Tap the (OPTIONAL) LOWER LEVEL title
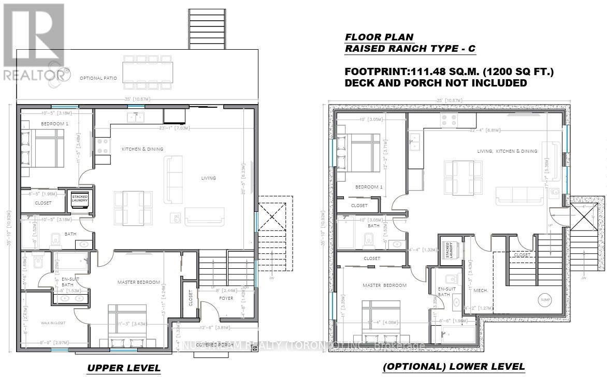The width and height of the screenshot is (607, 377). pyautogui.click(x=453, y=367)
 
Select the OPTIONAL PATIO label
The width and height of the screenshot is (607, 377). pyautogui.click(x=98, y=78)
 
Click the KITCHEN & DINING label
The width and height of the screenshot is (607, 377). pyautogui.click(x=142, y=149)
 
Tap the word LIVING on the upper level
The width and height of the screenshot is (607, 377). pyautogui.click(x=209, y=178)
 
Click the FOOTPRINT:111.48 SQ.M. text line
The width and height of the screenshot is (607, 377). pyautogui.click(x=450, y=72)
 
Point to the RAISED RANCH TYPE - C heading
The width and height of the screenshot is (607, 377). pyautogui.click(x=410, y=49)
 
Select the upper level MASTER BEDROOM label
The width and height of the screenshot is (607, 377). pyautogui.click(x=138, y=282)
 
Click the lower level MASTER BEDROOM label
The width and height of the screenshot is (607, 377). pyautogui.click(x=384, y=285)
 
